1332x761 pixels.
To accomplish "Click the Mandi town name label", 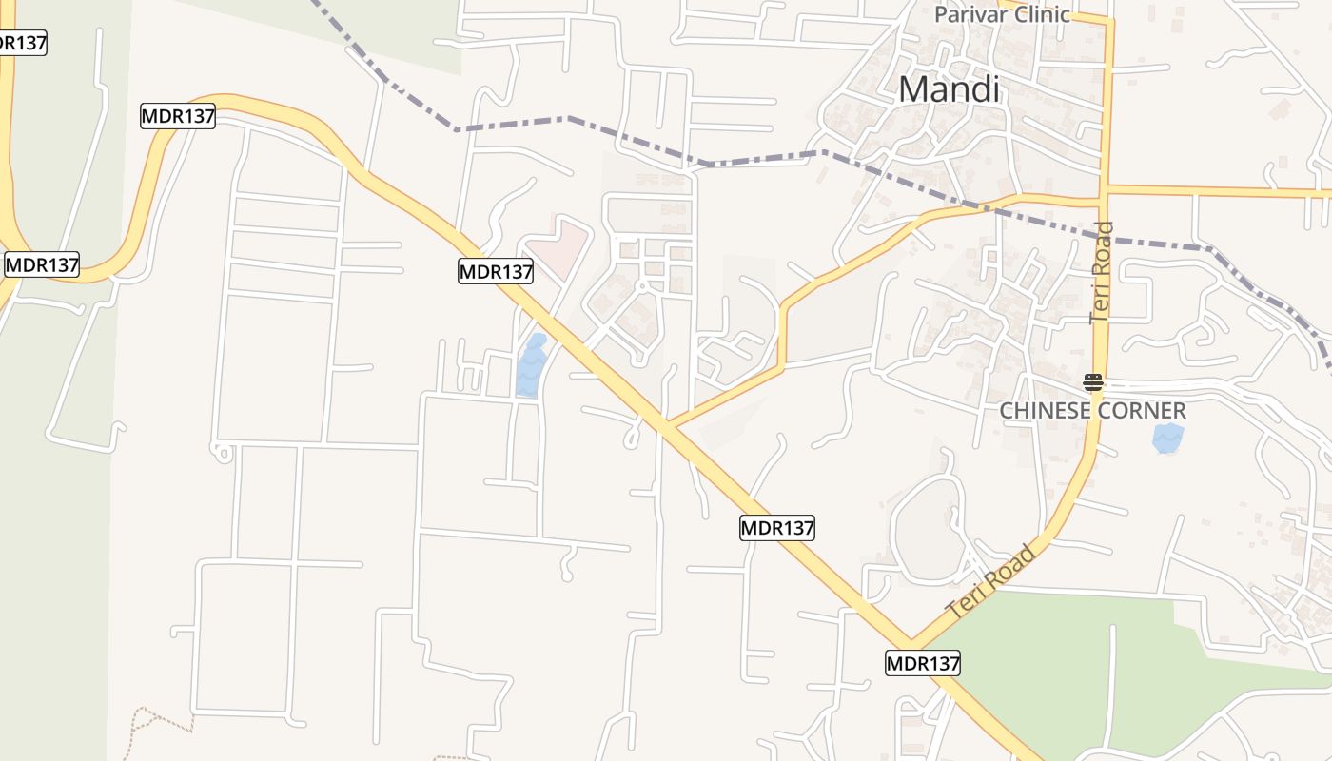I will (x=949, y=90).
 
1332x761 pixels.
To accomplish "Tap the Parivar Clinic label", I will (x=1002, y=14).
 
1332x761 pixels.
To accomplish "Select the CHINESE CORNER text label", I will (x=1092, y=411).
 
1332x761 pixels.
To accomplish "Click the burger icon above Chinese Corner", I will (x=1092, y=383).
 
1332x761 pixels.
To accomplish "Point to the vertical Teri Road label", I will (x=1103, y=272).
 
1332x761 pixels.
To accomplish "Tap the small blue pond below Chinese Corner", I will (x=1167, y=438).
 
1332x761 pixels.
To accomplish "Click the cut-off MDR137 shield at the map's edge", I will (x=21, y=43).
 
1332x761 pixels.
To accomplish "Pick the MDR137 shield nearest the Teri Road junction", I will (x=922, y=663).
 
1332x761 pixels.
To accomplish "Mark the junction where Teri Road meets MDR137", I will (x=911, y=641).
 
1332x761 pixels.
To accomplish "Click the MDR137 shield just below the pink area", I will (x=496, y=271).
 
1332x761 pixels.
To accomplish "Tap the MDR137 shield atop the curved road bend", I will (x=178, y=116).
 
